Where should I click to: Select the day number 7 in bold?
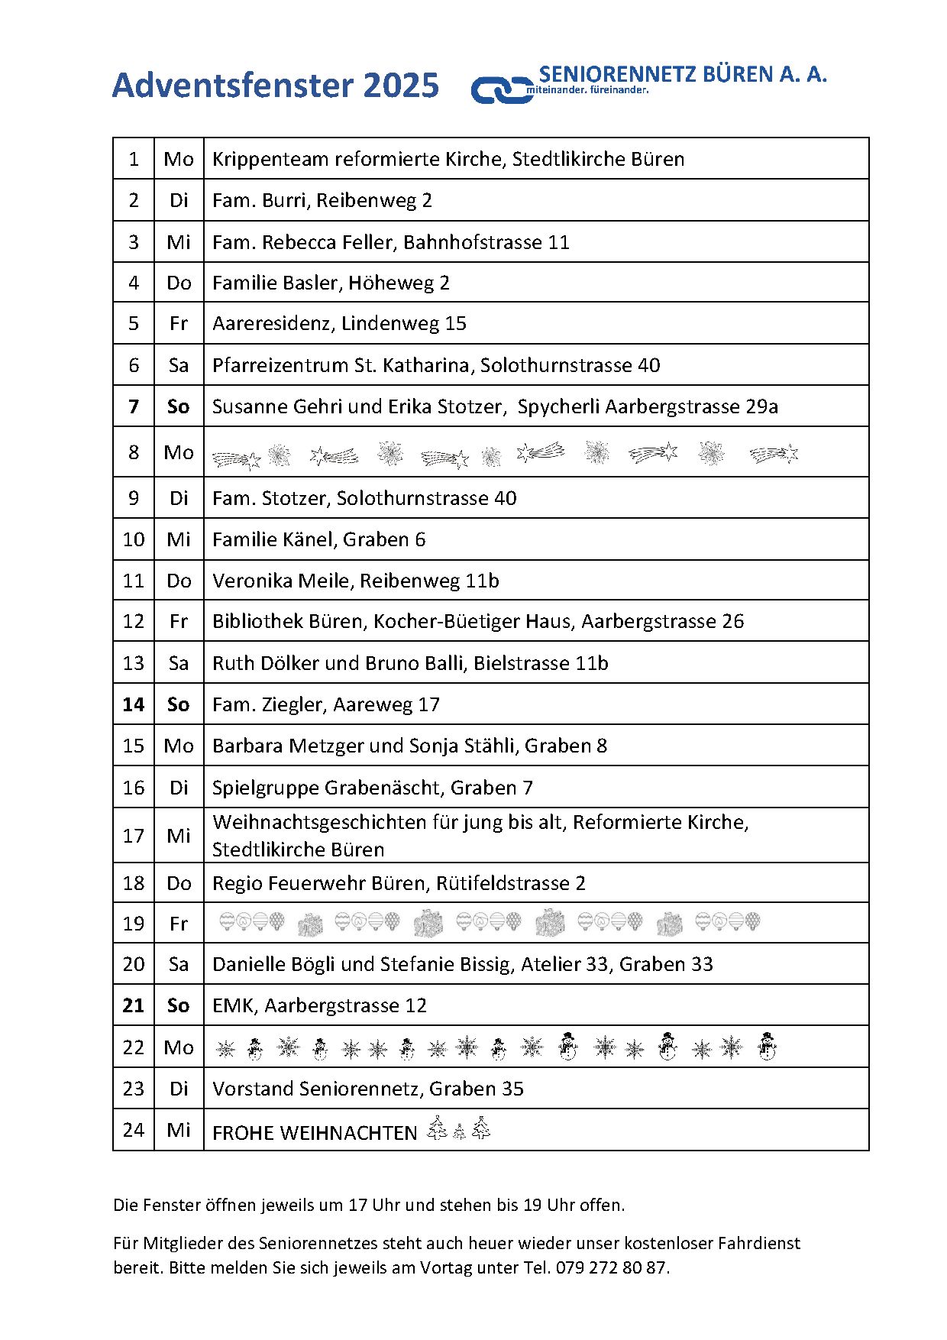134,406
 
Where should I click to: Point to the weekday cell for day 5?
179,323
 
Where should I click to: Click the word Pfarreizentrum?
280,365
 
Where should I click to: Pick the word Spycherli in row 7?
558,406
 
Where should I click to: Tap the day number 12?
134,621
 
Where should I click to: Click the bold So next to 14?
179,704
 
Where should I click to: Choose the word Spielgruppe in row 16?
266,788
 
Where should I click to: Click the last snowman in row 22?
767,1047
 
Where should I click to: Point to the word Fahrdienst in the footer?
759,1243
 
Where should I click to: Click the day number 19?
134,924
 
